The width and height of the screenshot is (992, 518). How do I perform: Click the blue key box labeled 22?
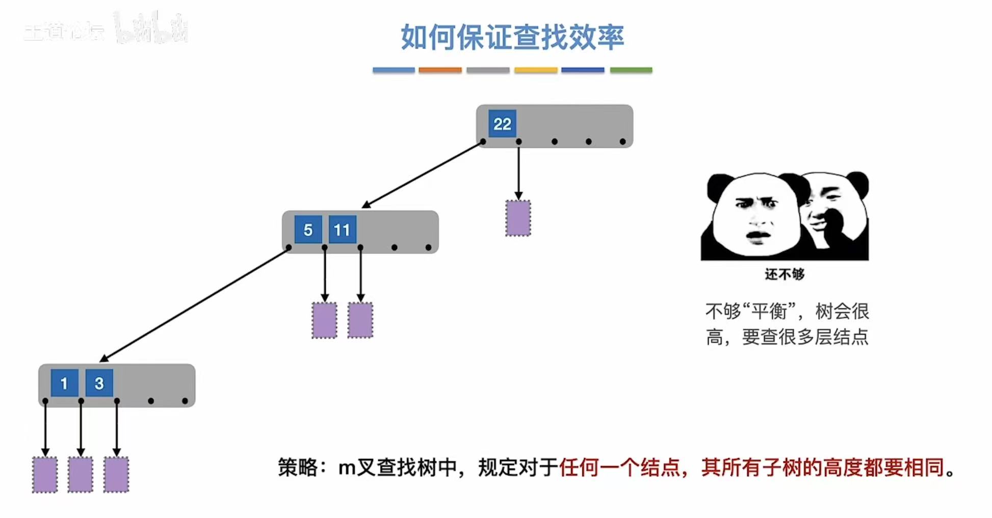[x=502, y=123]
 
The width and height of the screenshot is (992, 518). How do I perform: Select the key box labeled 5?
[x=308, y=229]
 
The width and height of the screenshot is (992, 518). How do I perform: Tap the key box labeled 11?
[x=342, y=229]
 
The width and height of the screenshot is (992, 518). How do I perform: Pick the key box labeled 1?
[x=64, y=383]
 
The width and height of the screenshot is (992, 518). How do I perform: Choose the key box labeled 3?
[x=99, y=383]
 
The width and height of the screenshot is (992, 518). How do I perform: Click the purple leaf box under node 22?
[x=518, y=218]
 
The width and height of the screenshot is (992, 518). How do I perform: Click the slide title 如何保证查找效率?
[x=512, y=37]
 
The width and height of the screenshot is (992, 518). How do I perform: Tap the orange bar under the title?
[x=440, y=70]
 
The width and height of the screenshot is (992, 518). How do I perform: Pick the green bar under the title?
[x=631, y=70]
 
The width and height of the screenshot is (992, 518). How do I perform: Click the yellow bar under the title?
[x=535, y=70]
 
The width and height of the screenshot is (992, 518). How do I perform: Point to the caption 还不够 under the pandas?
[x=785, y=274]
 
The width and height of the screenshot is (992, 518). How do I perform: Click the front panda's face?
[x=757, y=217]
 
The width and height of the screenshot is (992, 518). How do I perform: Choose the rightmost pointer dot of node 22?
[x=622, y=142]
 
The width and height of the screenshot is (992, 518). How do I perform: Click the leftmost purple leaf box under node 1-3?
[x=45, y=475]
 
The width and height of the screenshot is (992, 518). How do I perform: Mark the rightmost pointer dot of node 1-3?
[x=185, y=401]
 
